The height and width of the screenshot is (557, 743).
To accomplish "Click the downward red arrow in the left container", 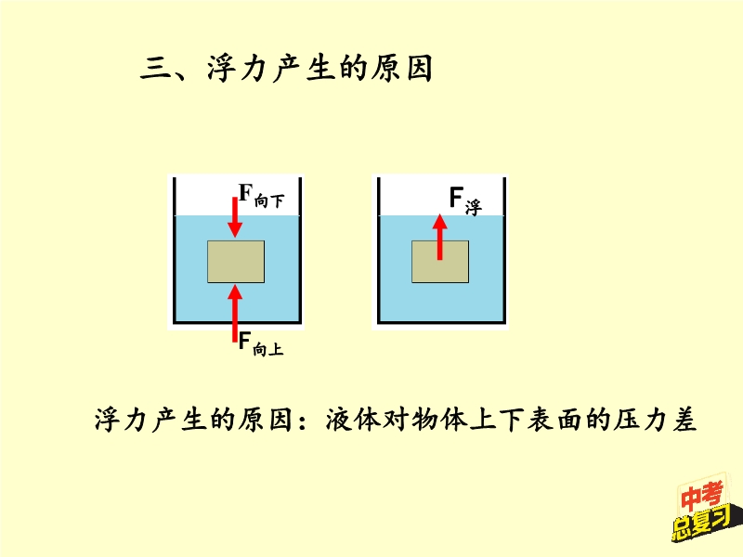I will pyautogui.click(x=236, y=215).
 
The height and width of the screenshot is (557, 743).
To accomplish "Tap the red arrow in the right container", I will pyautogui.click(x=440, y=238).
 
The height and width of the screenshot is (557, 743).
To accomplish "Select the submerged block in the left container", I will pyautogui.click(x=235, y=262).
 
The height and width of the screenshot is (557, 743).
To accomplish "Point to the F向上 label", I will pyautogui.click(x=260, y=344).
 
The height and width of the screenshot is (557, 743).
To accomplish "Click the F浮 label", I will pyautogui.click(x=464, y=200).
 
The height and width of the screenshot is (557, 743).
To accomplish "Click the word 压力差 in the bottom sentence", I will pyautogui.click(x=661, y=421).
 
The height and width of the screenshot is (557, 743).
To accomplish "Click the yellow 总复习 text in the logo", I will pyautogui.click(x=701, y=525).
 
